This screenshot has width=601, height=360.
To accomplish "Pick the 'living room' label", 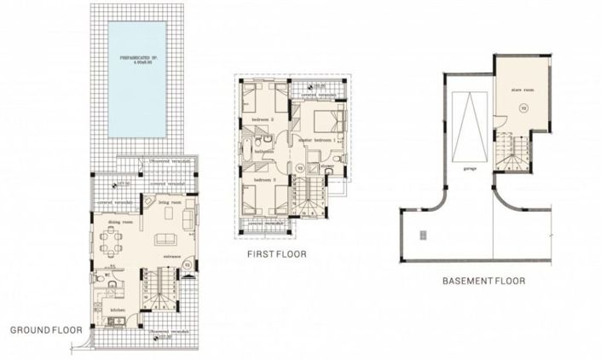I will click(169, 203).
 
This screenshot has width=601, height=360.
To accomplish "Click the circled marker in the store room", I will click(523, 107).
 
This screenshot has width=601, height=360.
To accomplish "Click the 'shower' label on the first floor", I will click(328, 165).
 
